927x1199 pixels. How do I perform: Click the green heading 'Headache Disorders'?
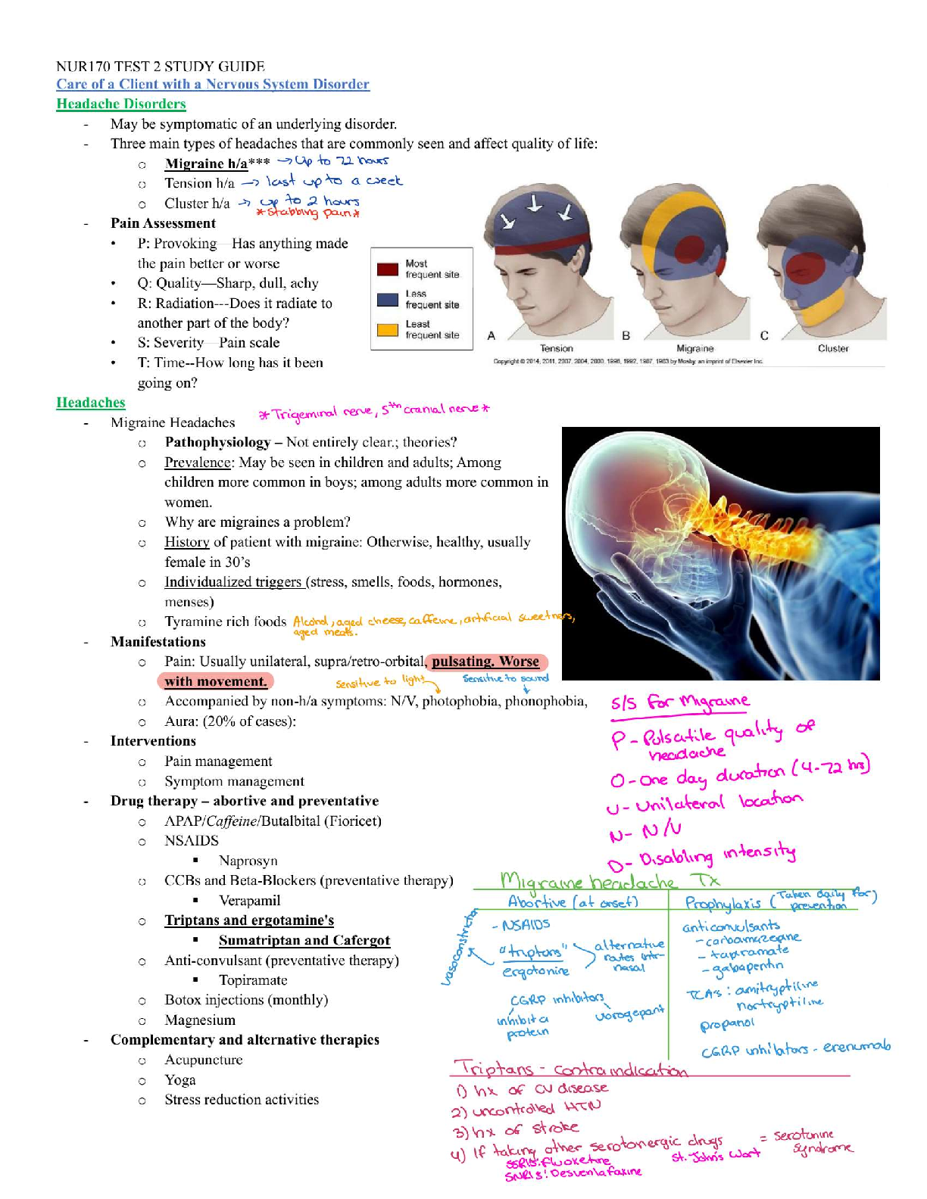pyautogui.click(x=121, y=104)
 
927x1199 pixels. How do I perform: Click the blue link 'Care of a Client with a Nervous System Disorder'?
pyautogui.click(x=213, y=84)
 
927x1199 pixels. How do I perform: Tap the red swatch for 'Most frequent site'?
pyautogui.click(x=388, y=269)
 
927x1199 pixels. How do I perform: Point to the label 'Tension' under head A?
pyautogui.click(x=557, y=349)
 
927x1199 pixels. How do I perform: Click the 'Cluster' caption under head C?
pyautogui.click(x=833, y=349)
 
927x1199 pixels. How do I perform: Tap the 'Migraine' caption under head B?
pyautogui.click(x=695, y=349)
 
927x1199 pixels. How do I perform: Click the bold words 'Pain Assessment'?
pyautogui.click(x=163, y=223)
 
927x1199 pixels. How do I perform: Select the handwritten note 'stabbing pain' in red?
pyautogui.click(x=308, y=213)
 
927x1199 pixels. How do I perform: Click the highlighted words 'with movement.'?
pyautogui.click(x=216, y=681)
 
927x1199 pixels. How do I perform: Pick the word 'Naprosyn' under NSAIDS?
pyautogui.click(x=248, y=861)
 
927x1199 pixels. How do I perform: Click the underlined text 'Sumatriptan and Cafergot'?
pyautogui.click(x=304, y=940)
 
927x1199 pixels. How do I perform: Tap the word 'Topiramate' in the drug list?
pyautogui.click(x=253, y=980)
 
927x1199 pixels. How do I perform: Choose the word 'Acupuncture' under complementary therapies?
pyautogui.click(x=204, y=1060)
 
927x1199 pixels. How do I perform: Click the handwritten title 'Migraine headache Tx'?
pyautogui.click(x=610, y=881)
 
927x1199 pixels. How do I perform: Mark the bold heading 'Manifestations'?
pyautogui.click(x=158, y=642)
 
